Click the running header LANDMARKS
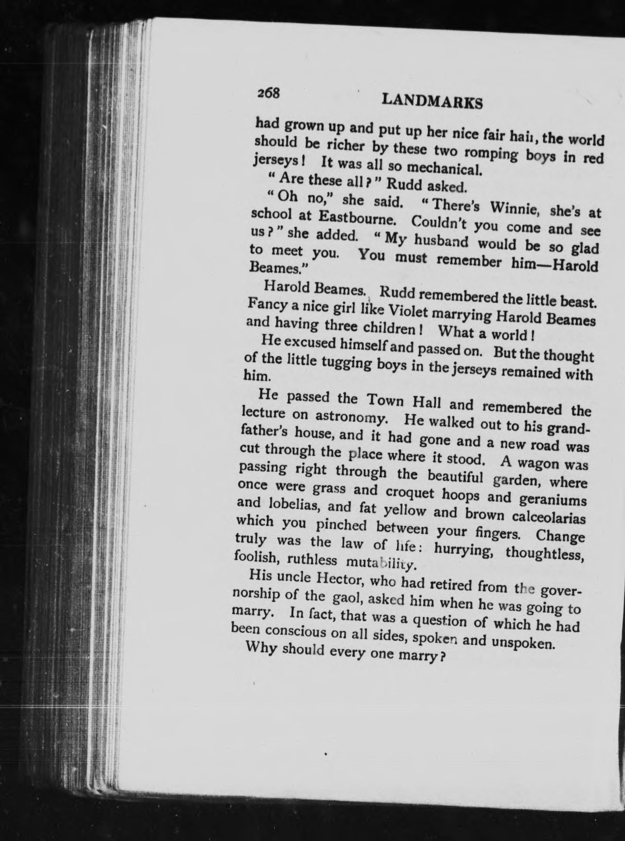(x=432, y=102)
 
